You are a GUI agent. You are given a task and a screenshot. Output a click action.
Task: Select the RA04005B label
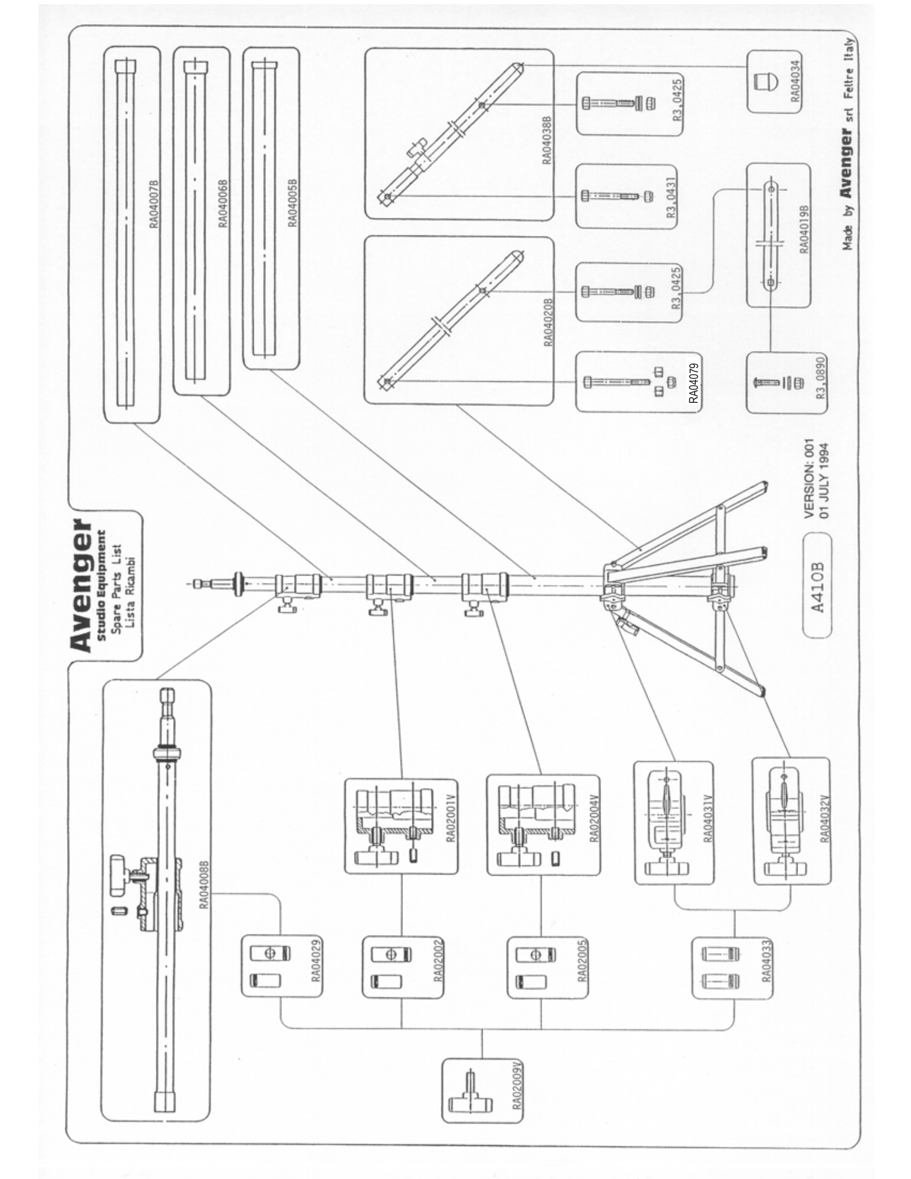[292, 202]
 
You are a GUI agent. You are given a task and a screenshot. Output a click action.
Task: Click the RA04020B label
[548, 322]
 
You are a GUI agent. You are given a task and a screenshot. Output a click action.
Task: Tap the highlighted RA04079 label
[694, 382]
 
